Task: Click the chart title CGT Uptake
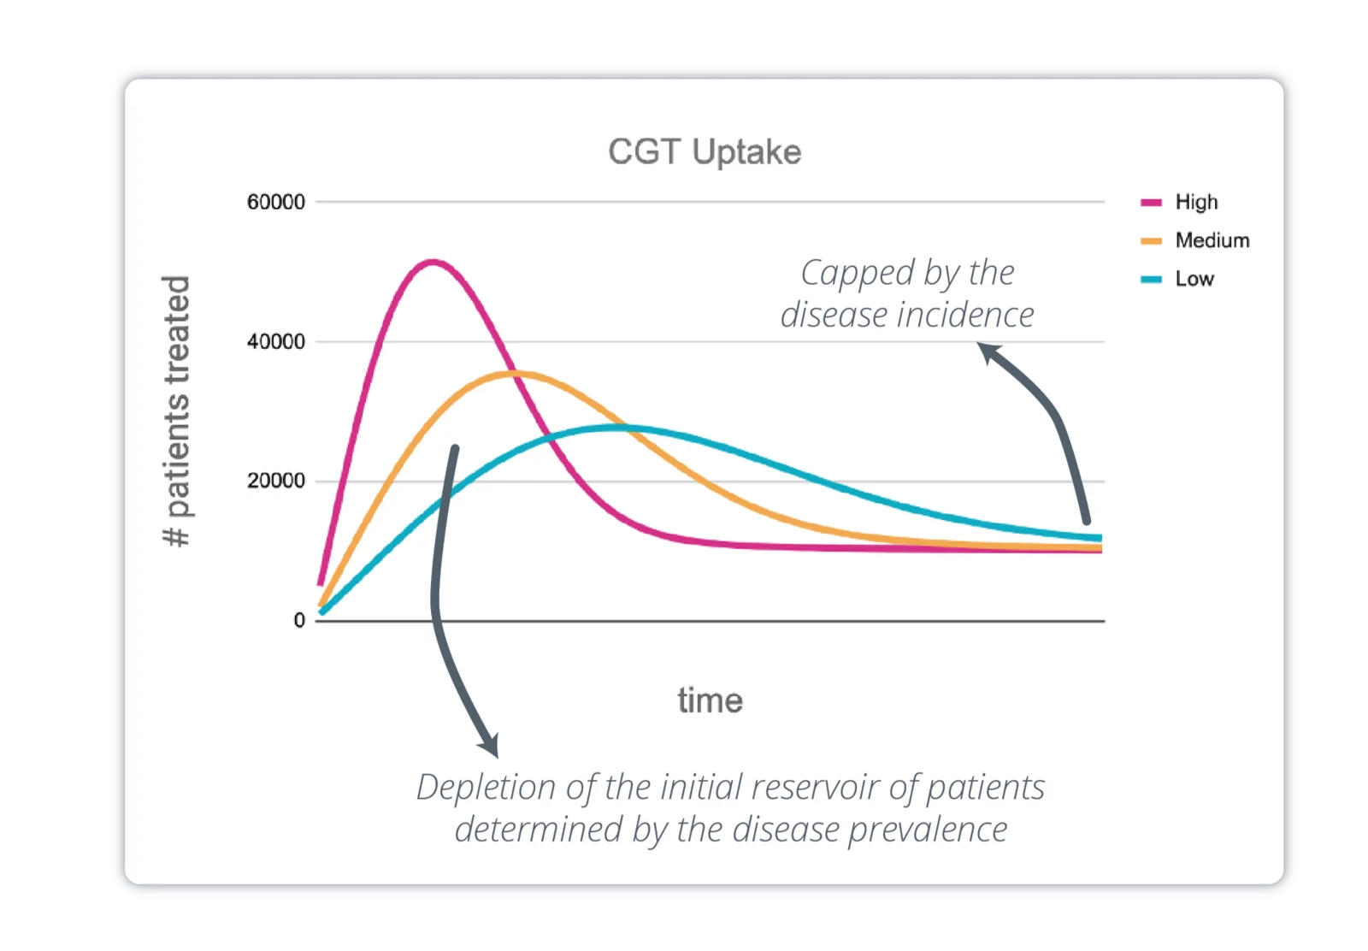pyautogui.click(x=705, y=152)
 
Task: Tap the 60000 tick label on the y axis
pyautogui.click(x=275, y=203)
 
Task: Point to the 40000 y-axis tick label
pyautogui.click(x=275, y=342)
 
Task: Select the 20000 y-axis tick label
pyautogui.click(x=275, y=481)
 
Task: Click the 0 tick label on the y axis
pyautogui.click(x=298, y=621)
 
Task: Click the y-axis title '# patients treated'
pyautogui.click(x=177, y=411)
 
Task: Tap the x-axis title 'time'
pyautogui.click(x=710, y=700)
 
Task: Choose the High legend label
pyautogui.click(x=1196, y=203)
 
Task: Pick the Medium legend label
pyautogui.click(x=1212, y=240)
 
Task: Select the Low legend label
pyautogui.click(x=1194, y=279)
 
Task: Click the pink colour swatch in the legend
pyautogui.click(x=1151, y=204)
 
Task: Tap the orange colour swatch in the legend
pyautogui.click(x=1151, y=241)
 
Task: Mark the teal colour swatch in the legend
pyautogui.click(x=1151, y=280)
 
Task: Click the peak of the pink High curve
pyautogui.click(x=433, y=262)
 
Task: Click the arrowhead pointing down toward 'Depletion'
pyautogui.click(x=489, y=746)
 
